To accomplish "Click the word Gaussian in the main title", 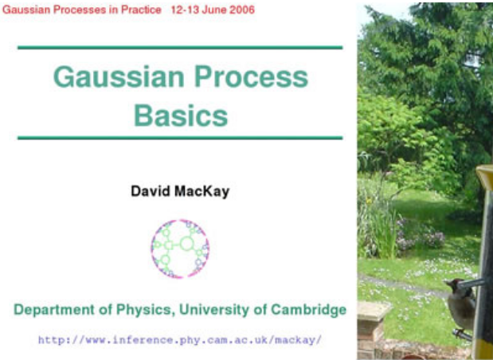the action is click(119, 77).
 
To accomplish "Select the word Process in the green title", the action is click(252, 77).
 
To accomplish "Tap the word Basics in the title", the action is click(181, 115).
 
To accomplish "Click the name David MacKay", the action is click(180, 191).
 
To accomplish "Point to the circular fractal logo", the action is click(180, 248).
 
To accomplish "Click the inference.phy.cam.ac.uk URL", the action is click(180, 340).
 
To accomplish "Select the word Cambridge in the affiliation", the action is click(308, 310).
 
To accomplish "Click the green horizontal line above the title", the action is click(180, 48).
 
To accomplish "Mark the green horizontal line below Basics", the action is click(180, 138).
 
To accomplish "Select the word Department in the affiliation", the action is click(54, 310).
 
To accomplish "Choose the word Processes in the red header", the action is click(76, 10).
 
